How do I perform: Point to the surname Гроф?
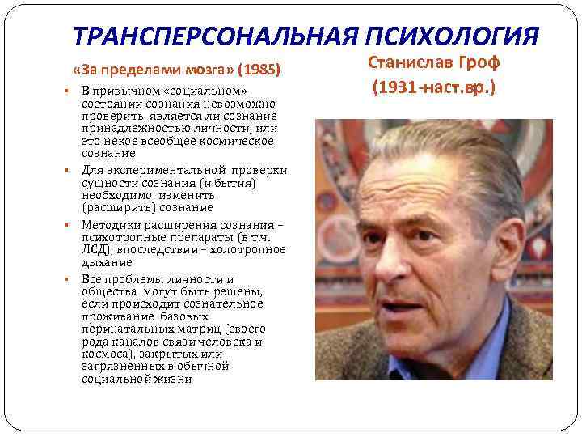(x=480, y=63)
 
